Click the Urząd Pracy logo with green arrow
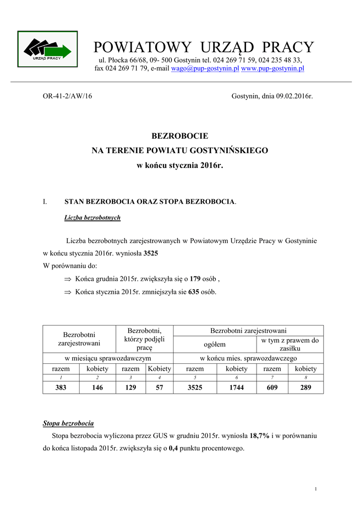pos(48,49)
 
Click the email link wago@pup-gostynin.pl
pos(205,69)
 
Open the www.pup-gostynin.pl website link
pos(272,69)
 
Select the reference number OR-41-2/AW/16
pos(68,96)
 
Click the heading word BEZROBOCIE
pos(180,136)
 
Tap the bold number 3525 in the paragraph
pos(151,254)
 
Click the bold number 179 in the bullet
pos(195,279)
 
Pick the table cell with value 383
pos(61,388)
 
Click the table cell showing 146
pos(97,388)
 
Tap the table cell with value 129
pos(131,388)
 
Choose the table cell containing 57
pos(159,388)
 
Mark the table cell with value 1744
pos(236,388)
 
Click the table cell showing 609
pos(272,388)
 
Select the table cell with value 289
pos(305,388)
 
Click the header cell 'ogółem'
pos(215,344)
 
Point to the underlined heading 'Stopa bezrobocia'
pos(68,424)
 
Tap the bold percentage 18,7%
pos(260,435)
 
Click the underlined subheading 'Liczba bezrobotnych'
pos(92,218)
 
